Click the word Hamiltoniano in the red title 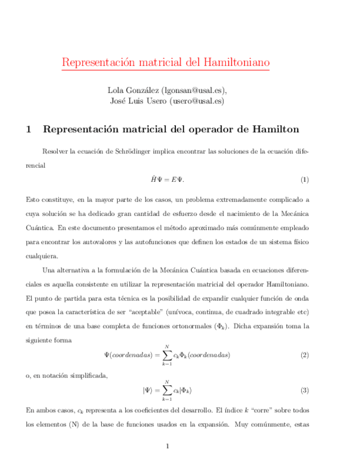[x=236, y=62]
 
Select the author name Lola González [x=129, y=90]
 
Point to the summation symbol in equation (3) [x=165, y=390]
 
